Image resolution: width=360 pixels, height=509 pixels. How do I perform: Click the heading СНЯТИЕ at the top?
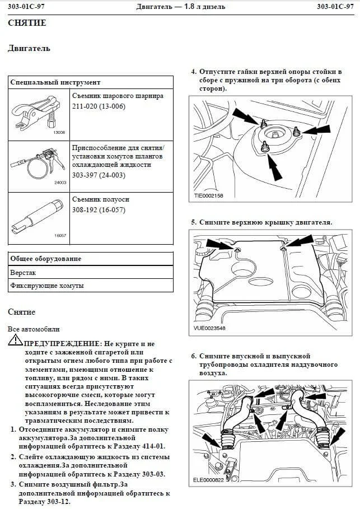[x=27, y=23]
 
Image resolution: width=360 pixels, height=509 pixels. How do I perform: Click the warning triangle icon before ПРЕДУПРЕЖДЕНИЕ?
[x=15, y=340]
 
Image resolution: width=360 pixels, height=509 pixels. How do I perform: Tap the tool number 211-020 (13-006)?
[x=99, y=106]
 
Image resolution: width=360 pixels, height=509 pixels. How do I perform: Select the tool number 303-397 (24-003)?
[x=99, y=175]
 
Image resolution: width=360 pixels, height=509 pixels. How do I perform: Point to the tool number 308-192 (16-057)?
[x=99, y=209]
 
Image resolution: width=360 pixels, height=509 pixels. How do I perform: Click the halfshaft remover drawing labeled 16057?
[x=38, y=216]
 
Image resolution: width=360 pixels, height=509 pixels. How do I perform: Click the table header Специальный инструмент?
[x=55, y=82]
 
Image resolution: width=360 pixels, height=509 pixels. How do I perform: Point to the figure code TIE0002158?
[x=208, y=196]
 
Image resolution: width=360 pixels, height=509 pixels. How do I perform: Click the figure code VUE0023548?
[x=209, y=328]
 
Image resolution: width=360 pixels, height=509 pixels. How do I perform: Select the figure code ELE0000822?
[x=208, y=480]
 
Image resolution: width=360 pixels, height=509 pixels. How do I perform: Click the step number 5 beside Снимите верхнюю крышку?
[x=194, y=222]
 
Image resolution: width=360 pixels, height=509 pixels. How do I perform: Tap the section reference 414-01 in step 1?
[x=153, y=446]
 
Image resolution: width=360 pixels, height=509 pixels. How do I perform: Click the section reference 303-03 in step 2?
[x=153, y=474]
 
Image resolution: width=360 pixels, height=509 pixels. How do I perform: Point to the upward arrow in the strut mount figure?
[x=273, y=166]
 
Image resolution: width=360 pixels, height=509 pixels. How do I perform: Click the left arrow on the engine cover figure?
[x=219, y=244]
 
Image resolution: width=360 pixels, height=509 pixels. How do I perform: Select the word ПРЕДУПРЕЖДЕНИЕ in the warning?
[x=62, y=343]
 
